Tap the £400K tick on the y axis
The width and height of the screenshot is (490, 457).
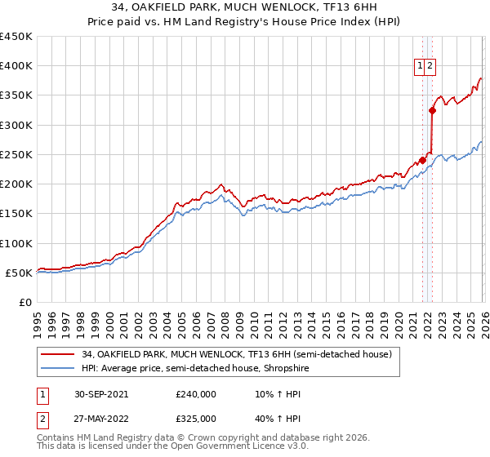16,66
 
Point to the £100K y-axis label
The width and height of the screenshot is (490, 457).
16,243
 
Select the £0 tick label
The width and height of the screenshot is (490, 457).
25,303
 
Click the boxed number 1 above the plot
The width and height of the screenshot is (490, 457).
420,67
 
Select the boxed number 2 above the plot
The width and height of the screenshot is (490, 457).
430,67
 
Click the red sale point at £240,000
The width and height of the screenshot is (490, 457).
423,160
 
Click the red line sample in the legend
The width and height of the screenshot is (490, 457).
59,354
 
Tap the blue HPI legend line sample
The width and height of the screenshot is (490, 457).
59,368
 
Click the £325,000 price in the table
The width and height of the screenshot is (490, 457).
196,419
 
